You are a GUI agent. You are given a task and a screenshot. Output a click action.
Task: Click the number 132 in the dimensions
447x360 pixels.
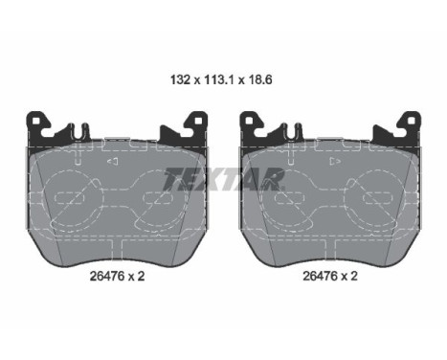[180, 79]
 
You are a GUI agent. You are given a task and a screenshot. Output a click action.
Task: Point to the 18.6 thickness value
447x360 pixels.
[260, 79]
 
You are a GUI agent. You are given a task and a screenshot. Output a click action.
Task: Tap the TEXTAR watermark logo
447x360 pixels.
[224, 179]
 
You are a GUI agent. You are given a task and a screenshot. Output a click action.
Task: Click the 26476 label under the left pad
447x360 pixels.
[107, 276]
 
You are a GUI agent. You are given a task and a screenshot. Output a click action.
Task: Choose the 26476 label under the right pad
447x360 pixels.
[320, 276]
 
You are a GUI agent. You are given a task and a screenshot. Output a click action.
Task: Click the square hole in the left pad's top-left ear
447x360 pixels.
[35, 121]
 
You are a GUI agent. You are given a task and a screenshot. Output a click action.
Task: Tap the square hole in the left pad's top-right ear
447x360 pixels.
[198, 121]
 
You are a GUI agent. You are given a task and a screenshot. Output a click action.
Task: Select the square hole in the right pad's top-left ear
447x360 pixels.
[248, 121]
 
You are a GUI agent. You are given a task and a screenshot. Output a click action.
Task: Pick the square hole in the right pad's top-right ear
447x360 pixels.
[412, 121]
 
